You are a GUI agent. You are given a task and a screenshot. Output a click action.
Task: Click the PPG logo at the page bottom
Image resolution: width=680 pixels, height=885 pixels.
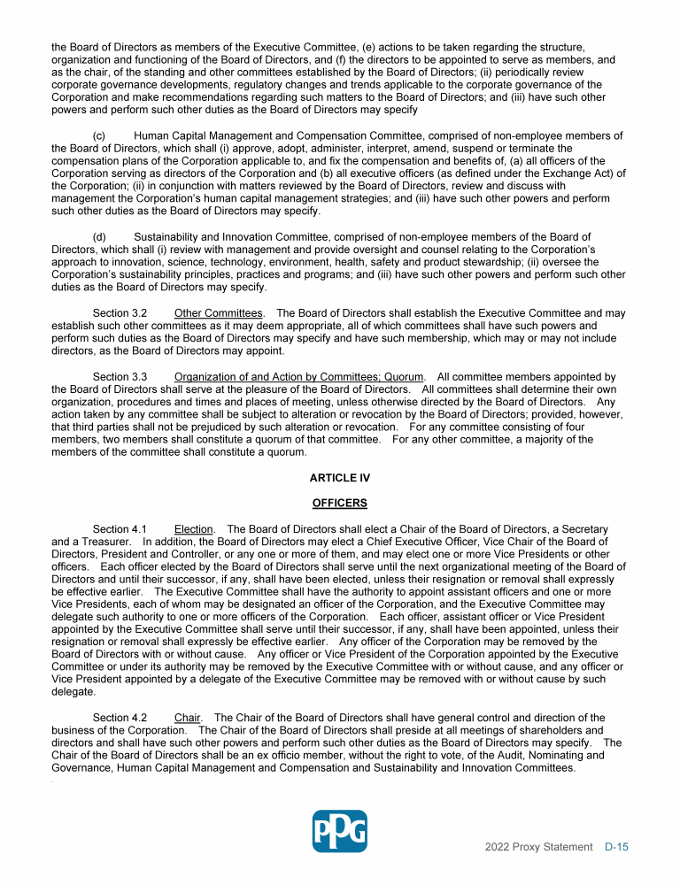(x=340, y=831)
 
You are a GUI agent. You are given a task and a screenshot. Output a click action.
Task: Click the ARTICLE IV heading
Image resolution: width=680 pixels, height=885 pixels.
(x=340, y=478)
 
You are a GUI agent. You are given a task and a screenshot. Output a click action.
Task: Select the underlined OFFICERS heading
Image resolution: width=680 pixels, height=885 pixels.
(x=340, y=504)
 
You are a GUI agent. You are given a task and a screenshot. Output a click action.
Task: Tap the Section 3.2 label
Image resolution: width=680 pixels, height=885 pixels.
(x=120, y=313)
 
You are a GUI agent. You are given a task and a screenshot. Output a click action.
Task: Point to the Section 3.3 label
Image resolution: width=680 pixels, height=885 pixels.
(x=120, y=377)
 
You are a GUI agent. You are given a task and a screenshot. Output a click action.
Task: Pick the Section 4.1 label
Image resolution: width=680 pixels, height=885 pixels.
(x=120, y=529)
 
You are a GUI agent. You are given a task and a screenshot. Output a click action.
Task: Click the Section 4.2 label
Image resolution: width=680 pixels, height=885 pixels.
(x=120, y=718)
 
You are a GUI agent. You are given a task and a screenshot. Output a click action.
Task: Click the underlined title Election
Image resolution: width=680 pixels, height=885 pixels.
(x=195, y=529)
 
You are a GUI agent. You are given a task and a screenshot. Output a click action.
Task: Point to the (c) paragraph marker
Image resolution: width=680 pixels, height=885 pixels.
(x=99, y=136)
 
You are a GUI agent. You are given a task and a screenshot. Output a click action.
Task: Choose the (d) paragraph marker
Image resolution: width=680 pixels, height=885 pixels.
(x=99, y=237)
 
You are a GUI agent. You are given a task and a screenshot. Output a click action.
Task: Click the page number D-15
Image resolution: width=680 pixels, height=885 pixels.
(x=616, y=847)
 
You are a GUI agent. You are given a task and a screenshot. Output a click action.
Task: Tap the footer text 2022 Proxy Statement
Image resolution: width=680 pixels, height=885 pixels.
(x=538, y=847)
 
